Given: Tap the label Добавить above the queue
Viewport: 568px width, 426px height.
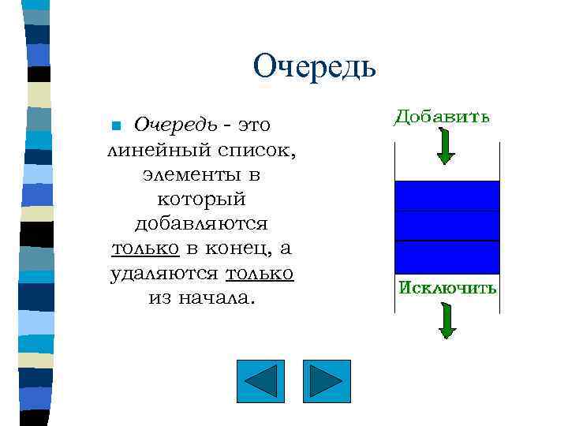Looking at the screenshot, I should click(442, 117).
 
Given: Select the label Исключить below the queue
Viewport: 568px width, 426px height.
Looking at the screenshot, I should click(447, 288).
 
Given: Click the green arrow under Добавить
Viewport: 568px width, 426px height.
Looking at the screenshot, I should click(446, 146).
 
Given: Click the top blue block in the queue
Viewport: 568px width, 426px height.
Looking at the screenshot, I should click(447, 196).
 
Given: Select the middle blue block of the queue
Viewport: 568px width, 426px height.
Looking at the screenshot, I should click(447, 226).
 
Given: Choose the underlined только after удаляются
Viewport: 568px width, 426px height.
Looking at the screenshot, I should click(260, 273).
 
